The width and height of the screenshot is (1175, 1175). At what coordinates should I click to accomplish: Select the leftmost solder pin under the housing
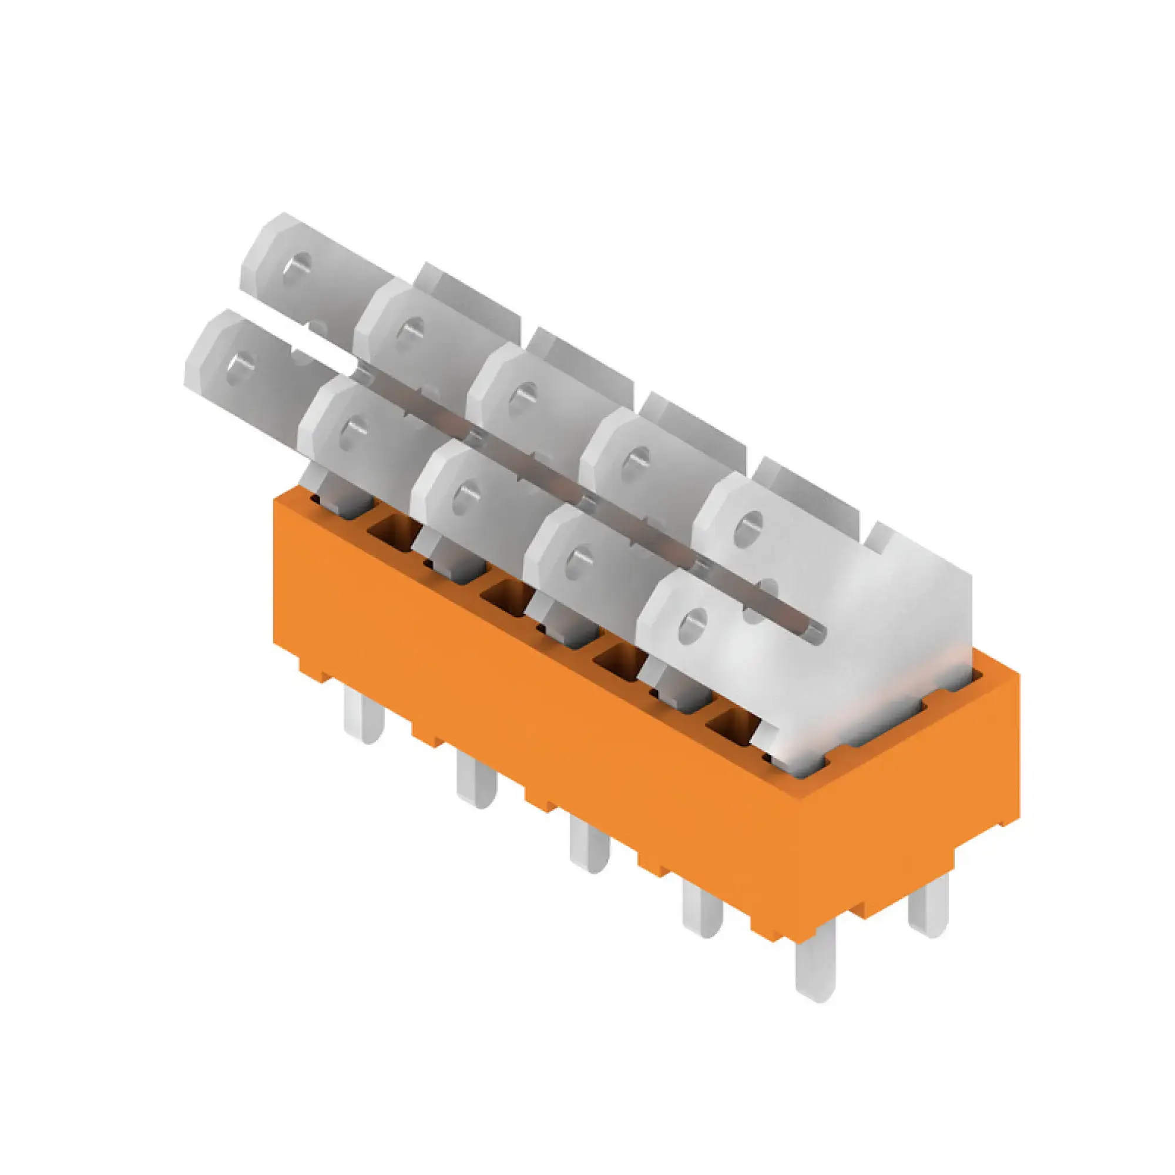(x=363, y=720)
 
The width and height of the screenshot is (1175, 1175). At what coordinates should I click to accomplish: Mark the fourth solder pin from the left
(x=703, y=912)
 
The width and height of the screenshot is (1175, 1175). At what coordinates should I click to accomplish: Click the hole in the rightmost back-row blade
(x=750, y=526)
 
